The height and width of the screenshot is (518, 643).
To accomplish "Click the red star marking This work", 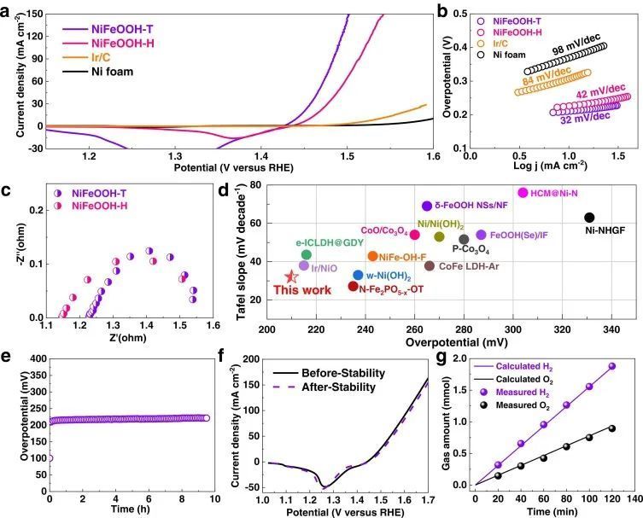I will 291,276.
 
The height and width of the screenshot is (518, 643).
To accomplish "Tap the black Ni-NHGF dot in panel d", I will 589,218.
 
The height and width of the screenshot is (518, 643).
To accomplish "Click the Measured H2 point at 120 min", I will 611,366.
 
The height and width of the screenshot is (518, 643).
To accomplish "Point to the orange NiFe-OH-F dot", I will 372,256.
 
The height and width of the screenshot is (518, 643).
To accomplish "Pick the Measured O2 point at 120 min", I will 611,428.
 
